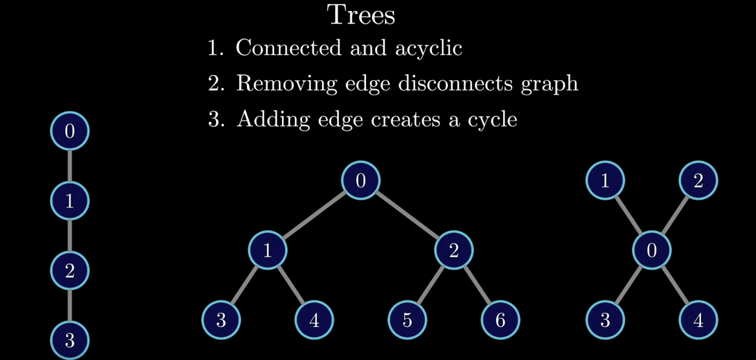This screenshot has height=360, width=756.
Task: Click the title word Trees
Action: (361, 15)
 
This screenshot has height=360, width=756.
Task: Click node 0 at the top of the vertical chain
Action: (70, 131)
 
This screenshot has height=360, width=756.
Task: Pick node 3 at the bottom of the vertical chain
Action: (70, 340)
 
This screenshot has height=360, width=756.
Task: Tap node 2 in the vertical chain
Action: (70, 270)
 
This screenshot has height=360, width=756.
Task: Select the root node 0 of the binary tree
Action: (361, 180)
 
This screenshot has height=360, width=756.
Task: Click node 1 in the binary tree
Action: (268, 250)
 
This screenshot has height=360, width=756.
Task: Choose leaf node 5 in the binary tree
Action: (407, 320)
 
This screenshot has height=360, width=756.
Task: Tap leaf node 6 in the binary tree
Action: (501, 320)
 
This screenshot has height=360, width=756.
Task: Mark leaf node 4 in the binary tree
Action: (314, 320)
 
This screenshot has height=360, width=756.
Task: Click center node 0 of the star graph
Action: (651, 250)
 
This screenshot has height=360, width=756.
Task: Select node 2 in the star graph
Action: (698, 180)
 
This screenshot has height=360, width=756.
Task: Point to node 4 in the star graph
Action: (698, 320)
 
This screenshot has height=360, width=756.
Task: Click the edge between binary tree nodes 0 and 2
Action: (407, 215)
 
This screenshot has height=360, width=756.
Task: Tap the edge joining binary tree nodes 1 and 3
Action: (244, 285)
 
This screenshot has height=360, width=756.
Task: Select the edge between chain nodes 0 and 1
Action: (70, 166)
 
